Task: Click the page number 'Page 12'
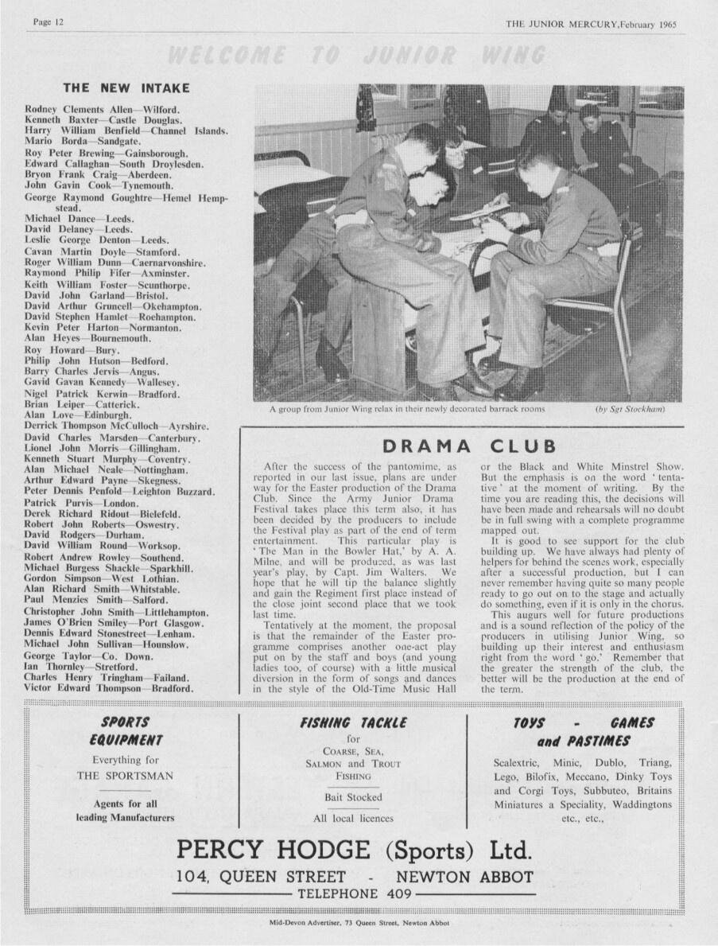coord(49,22)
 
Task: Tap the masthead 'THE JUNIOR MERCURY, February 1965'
coord(591,24)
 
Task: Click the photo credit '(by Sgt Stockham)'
coord(630,410)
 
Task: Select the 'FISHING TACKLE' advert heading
coord(353,723)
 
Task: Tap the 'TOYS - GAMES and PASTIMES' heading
coord(583,732)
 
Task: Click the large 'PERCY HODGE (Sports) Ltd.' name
coord(354,850)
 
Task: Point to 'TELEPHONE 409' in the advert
coord(354,893)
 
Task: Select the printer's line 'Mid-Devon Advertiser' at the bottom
coord(359,923)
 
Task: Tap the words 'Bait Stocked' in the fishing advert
coord(353,797)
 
